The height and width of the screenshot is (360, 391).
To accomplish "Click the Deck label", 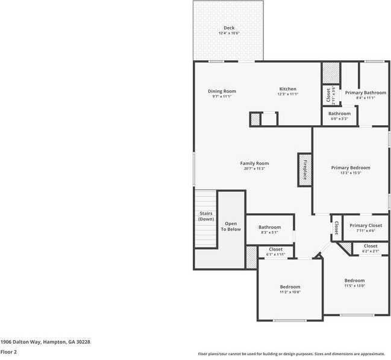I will tap(229, 28).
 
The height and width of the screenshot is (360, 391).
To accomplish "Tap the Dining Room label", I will tap(222, 92).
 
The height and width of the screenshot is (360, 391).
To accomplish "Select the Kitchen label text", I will tap(287, 89).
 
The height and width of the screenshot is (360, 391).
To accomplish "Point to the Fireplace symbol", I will tap(304, 169).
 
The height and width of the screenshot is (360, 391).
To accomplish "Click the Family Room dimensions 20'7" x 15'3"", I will tap(254, 169).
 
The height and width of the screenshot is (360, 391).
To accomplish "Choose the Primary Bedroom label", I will tap(351, 167).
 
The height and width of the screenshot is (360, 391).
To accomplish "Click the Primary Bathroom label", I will tap(366, 92).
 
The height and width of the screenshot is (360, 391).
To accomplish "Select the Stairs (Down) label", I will tap(206, 216).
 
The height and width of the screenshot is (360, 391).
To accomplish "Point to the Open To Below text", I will tap(231, 226).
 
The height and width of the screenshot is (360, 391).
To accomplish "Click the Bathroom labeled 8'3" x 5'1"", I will tap(269, 227).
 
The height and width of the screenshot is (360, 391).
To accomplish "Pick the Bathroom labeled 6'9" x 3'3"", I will tap(339, 113).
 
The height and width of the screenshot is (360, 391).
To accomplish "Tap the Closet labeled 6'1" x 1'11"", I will tap(275, 249).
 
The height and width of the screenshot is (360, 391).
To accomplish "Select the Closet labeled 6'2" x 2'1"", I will tap(371, 246).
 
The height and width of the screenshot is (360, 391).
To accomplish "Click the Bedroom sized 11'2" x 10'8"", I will tap(290, 287).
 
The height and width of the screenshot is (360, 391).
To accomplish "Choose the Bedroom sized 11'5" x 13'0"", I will tap(354, 281).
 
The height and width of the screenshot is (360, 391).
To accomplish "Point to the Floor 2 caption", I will tap(8, 352).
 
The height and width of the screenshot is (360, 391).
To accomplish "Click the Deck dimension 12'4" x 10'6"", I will tap(229, 33).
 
